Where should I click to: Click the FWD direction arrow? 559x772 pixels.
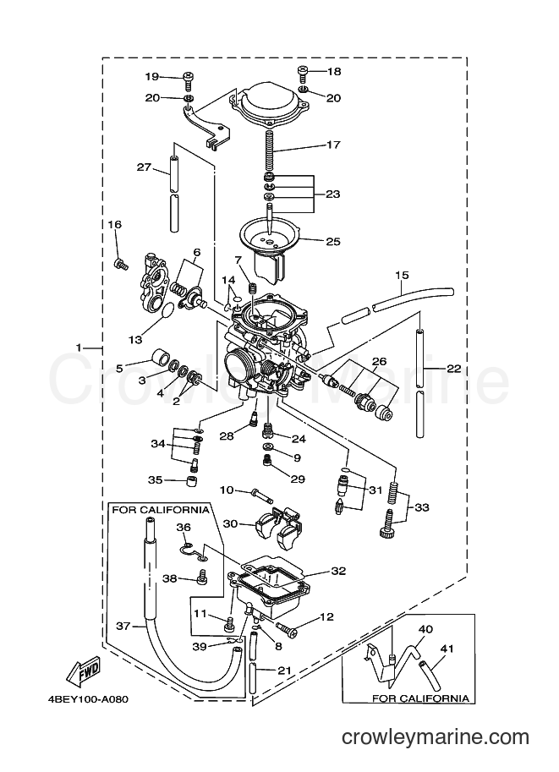coord(84,671)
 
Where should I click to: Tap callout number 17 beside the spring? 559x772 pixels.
coord(333,145)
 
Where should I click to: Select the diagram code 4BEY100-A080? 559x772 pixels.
coord(90,699)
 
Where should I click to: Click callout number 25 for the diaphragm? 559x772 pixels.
coord(333,241)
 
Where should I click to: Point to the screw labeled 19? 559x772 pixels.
coord(189,78)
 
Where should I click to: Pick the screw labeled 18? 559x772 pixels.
coord(304,73)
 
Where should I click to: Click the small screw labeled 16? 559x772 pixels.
coord(121,265)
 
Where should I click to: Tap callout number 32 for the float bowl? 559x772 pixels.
coord(338,571)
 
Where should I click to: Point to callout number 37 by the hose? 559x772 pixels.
coord(123,626)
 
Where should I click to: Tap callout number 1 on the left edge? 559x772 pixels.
coord(79,348)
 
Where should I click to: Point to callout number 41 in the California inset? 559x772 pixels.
coord(447,649)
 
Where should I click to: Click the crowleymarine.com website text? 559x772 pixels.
coord(436,737)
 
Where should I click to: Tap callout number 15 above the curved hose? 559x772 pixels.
coord(402,275)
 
